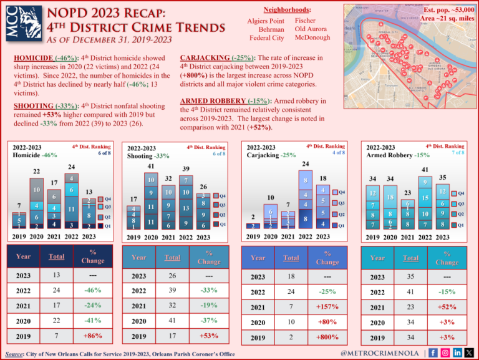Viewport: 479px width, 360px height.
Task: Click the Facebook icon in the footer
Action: (433, 353)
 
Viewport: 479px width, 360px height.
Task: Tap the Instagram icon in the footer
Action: (444, 353)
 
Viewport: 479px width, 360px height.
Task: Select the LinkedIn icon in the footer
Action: (457, 353)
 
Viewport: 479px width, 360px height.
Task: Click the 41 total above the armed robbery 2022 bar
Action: (425, 169)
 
